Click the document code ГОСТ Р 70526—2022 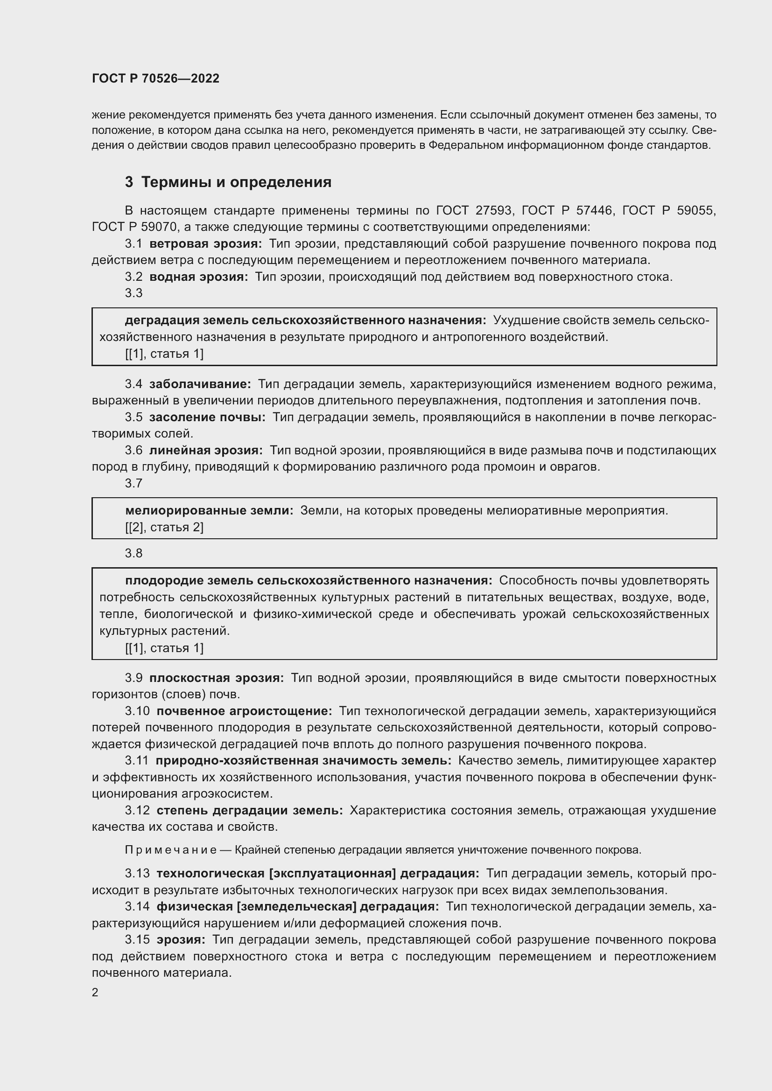coord(155,78)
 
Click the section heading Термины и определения coord(236,182)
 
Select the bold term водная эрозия coord(199,277)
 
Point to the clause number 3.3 coord(133,293)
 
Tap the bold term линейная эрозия coord(206,450)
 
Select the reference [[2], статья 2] coord(164,527)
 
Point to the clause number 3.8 coord(133,553)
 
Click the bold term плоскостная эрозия coord(216,678)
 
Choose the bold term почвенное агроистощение coord(244,711)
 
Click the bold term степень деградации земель coord(250,810)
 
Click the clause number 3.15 coord(137,939)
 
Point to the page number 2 coord(95,993)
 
